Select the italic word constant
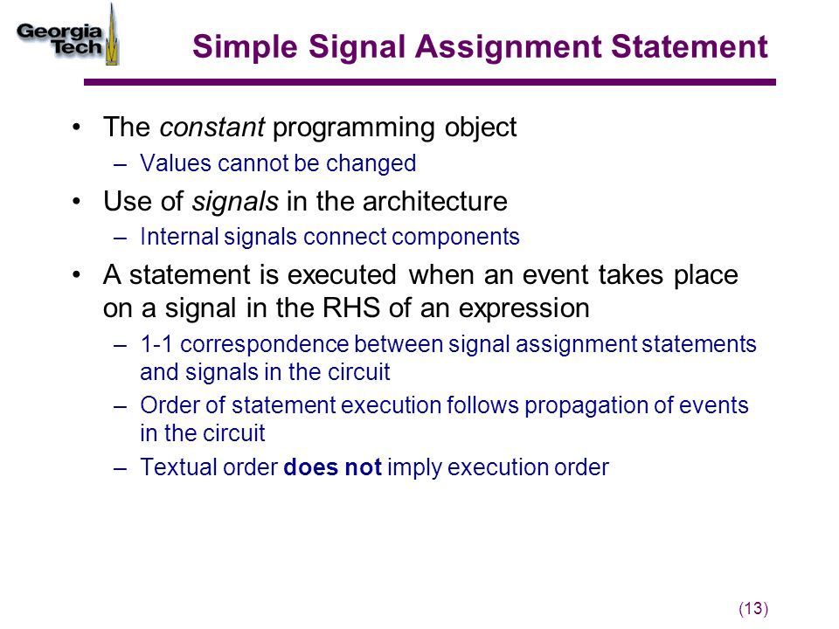point(211,128)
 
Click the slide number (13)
point(753,609)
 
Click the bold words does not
point(332,467)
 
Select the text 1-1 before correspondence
point(156,344)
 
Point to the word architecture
point(434,202)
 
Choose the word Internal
point(179,237)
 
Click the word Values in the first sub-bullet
point(176,163)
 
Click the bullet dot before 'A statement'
point(77,275)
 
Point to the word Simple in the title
point(245,47)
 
